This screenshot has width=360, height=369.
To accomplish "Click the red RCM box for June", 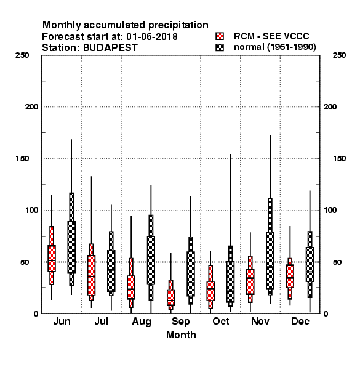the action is (52, 258).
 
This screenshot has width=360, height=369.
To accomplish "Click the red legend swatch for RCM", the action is (220, 36).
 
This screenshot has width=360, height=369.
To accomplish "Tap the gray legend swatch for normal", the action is (220, 47).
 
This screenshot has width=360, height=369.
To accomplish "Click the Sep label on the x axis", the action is (180, 322).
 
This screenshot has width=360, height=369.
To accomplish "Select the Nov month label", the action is (260, 321).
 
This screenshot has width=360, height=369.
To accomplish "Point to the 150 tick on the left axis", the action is (22, 159).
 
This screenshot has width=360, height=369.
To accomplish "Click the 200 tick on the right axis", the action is (330, 106).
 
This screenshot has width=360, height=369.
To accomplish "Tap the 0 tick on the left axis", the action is (36, 314).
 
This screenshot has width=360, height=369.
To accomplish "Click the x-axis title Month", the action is (181, 335).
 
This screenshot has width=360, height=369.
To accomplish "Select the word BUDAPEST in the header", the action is (110, 48).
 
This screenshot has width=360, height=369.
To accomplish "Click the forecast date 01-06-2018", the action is (152, 37).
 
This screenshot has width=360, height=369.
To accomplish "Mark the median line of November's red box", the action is (250, 278).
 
